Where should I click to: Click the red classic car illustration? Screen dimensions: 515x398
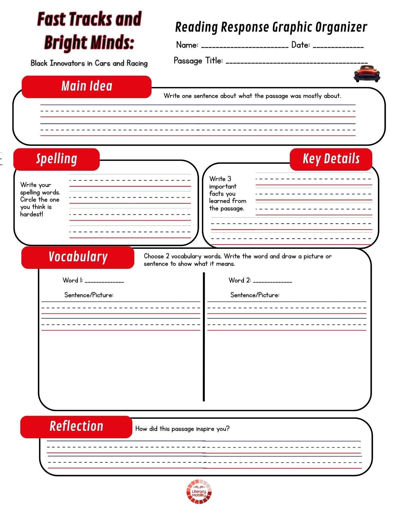(x=367, y=74)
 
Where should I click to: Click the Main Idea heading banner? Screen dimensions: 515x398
(x=87, y=87)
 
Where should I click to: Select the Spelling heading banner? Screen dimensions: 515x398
(x=56, y=159)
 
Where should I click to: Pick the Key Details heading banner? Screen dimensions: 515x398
(x=331, y=159)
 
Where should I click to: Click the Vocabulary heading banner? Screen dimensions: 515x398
(x=78, y=257)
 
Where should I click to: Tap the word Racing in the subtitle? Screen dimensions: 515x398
(x=137, y=63)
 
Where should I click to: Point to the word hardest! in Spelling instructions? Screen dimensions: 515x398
(x=31, y=214)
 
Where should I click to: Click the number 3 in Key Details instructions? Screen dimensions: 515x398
(x=229, y=179)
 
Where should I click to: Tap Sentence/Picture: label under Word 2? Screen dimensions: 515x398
(x=255, y=295)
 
